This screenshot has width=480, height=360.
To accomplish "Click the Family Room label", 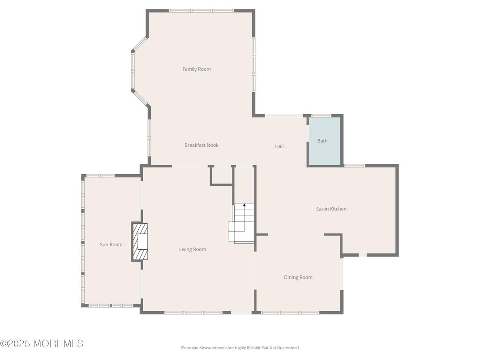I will [x=197, y=69].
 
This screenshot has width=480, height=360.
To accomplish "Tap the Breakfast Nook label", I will [x=201, y=145].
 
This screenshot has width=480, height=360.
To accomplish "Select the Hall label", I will [x=279, y=146].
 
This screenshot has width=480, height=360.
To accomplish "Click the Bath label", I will [x=322, y=141].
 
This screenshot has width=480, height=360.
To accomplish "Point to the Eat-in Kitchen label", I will [x=331, y=209].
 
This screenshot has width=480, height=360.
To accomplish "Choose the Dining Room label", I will [x=298, y=277].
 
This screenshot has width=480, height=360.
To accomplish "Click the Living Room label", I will [x=193, y=249].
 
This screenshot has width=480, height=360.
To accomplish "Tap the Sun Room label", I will [x=111, y=244].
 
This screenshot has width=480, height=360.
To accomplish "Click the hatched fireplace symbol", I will [x=140, y=242].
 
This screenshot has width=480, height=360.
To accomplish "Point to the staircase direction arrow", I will [x=244, y=206].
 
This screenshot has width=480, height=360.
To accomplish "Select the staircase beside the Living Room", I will [x=242, y=224].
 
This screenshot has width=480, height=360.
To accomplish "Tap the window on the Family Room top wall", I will [x=201, y=10].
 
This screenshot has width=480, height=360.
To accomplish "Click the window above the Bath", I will [x=321, y=116].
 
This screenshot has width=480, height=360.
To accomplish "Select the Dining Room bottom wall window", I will [x=290, y=313].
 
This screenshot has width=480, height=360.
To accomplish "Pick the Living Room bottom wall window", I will [x=193, y=313].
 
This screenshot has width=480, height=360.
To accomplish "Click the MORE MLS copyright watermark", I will [x=42, y=343].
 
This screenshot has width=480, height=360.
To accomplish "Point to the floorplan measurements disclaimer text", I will [x=240, y=347].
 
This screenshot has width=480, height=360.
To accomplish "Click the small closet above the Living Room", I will [x=221, y=175].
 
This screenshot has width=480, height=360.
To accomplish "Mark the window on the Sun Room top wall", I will [x=100, y=176].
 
